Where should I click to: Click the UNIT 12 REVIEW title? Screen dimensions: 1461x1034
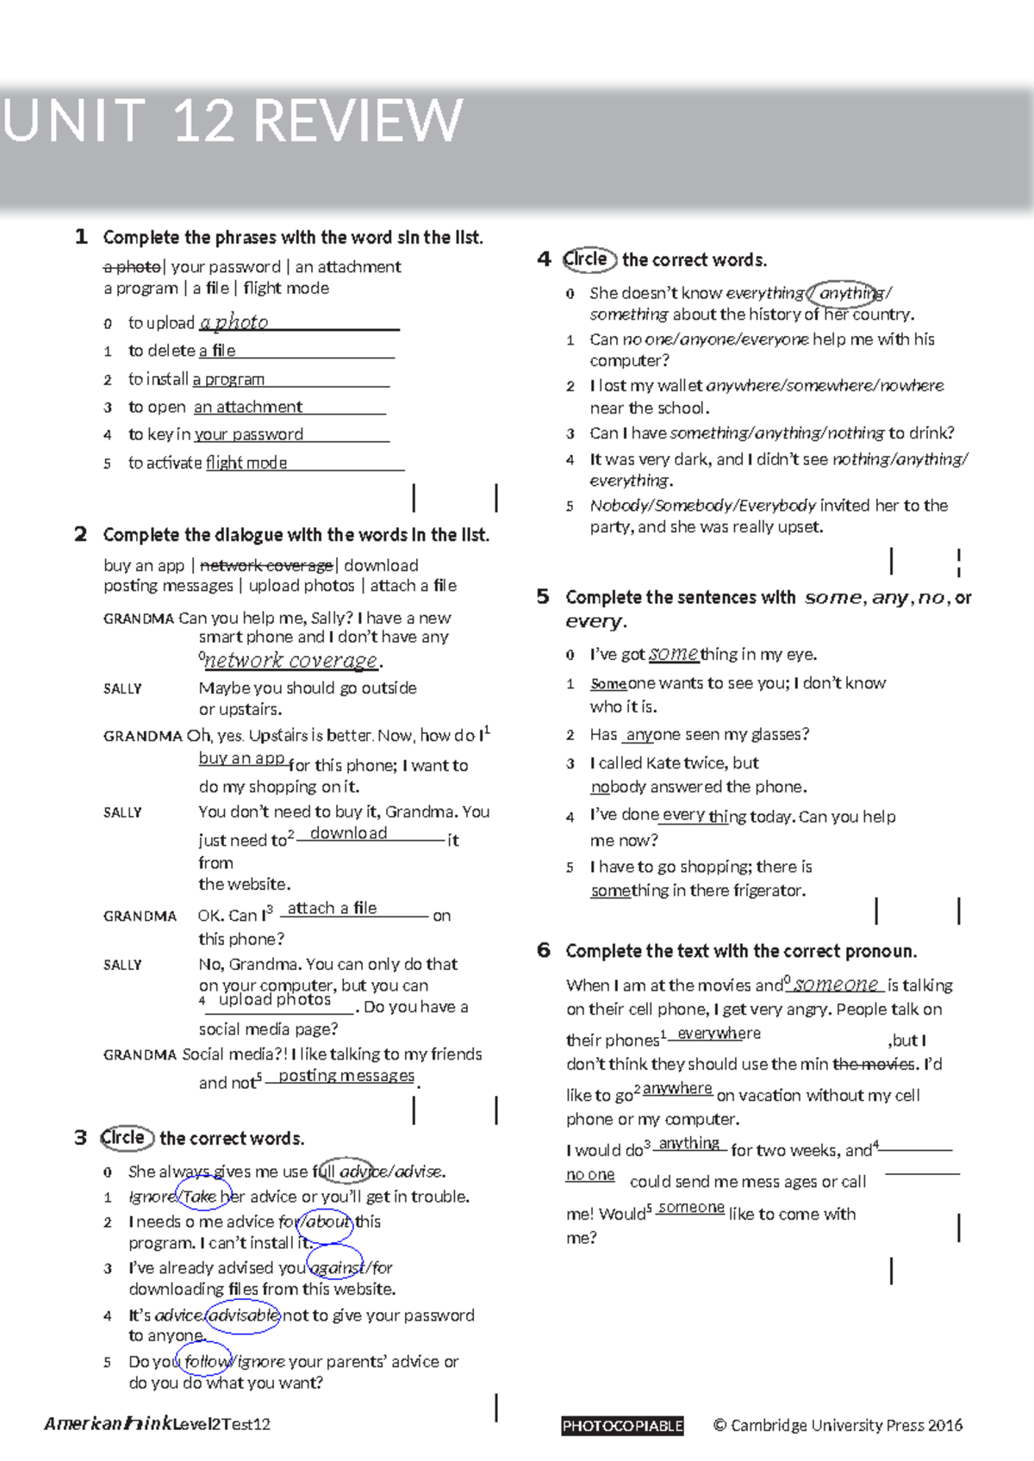(233, 121)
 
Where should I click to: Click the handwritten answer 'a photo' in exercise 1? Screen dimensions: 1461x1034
(234, 322)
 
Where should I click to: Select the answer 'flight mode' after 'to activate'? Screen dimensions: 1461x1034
(246, 463)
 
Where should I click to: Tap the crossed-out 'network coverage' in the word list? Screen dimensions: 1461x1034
(266, 565)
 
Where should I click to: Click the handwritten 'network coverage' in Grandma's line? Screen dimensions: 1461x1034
(291, 661)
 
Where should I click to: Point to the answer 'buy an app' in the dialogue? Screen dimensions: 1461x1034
(241, 758)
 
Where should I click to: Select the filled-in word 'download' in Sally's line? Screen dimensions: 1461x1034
(348, 833)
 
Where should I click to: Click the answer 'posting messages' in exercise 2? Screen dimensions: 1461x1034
(346, 1076)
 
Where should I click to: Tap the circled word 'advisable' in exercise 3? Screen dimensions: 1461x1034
(244, 1315)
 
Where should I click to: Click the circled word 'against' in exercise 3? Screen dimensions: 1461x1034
(337, 1268)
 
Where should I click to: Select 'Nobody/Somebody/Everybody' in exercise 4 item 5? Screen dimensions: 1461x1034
(702, 506)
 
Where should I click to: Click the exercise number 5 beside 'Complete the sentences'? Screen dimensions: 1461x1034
(543, 596)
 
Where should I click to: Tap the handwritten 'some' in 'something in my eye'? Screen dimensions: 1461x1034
(673, 654)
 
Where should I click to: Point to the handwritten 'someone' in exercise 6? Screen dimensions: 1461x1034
(836, 984)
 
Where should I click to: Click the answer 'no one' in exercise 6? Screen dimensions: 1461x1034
(590, 1175)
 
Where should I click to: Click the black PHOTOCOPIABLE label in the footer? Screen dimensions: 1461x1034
(622, 1426)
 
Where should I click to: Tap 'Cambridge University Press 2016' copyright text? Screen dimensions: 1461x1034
(846, 1426)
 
